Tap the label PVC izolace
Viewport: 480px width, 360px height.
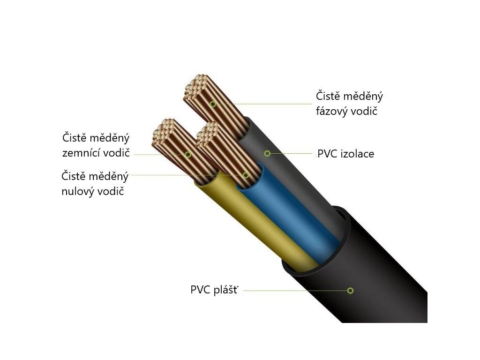point(345,154)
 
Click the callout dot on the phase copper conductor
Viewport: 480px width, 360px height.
point(213,104)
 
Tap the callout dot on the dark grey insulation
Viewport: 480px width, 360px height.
point(267,153)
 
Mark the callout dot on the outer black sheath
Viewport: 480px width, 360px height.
point(350,291)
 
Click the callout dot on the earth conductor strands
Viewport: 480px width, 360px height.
point(188,154)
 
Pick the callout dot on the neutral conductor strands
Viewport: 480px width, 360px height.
point(246,175)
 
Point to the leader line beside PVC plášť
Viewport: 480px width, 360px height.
point(295,291)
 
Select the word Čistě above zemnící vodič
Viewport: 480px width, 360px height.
point(75,138)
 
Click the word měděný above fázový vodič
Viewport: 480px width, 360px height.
point(364,97)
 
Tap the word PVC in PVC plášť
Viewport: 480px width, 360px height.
point(200,290)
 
